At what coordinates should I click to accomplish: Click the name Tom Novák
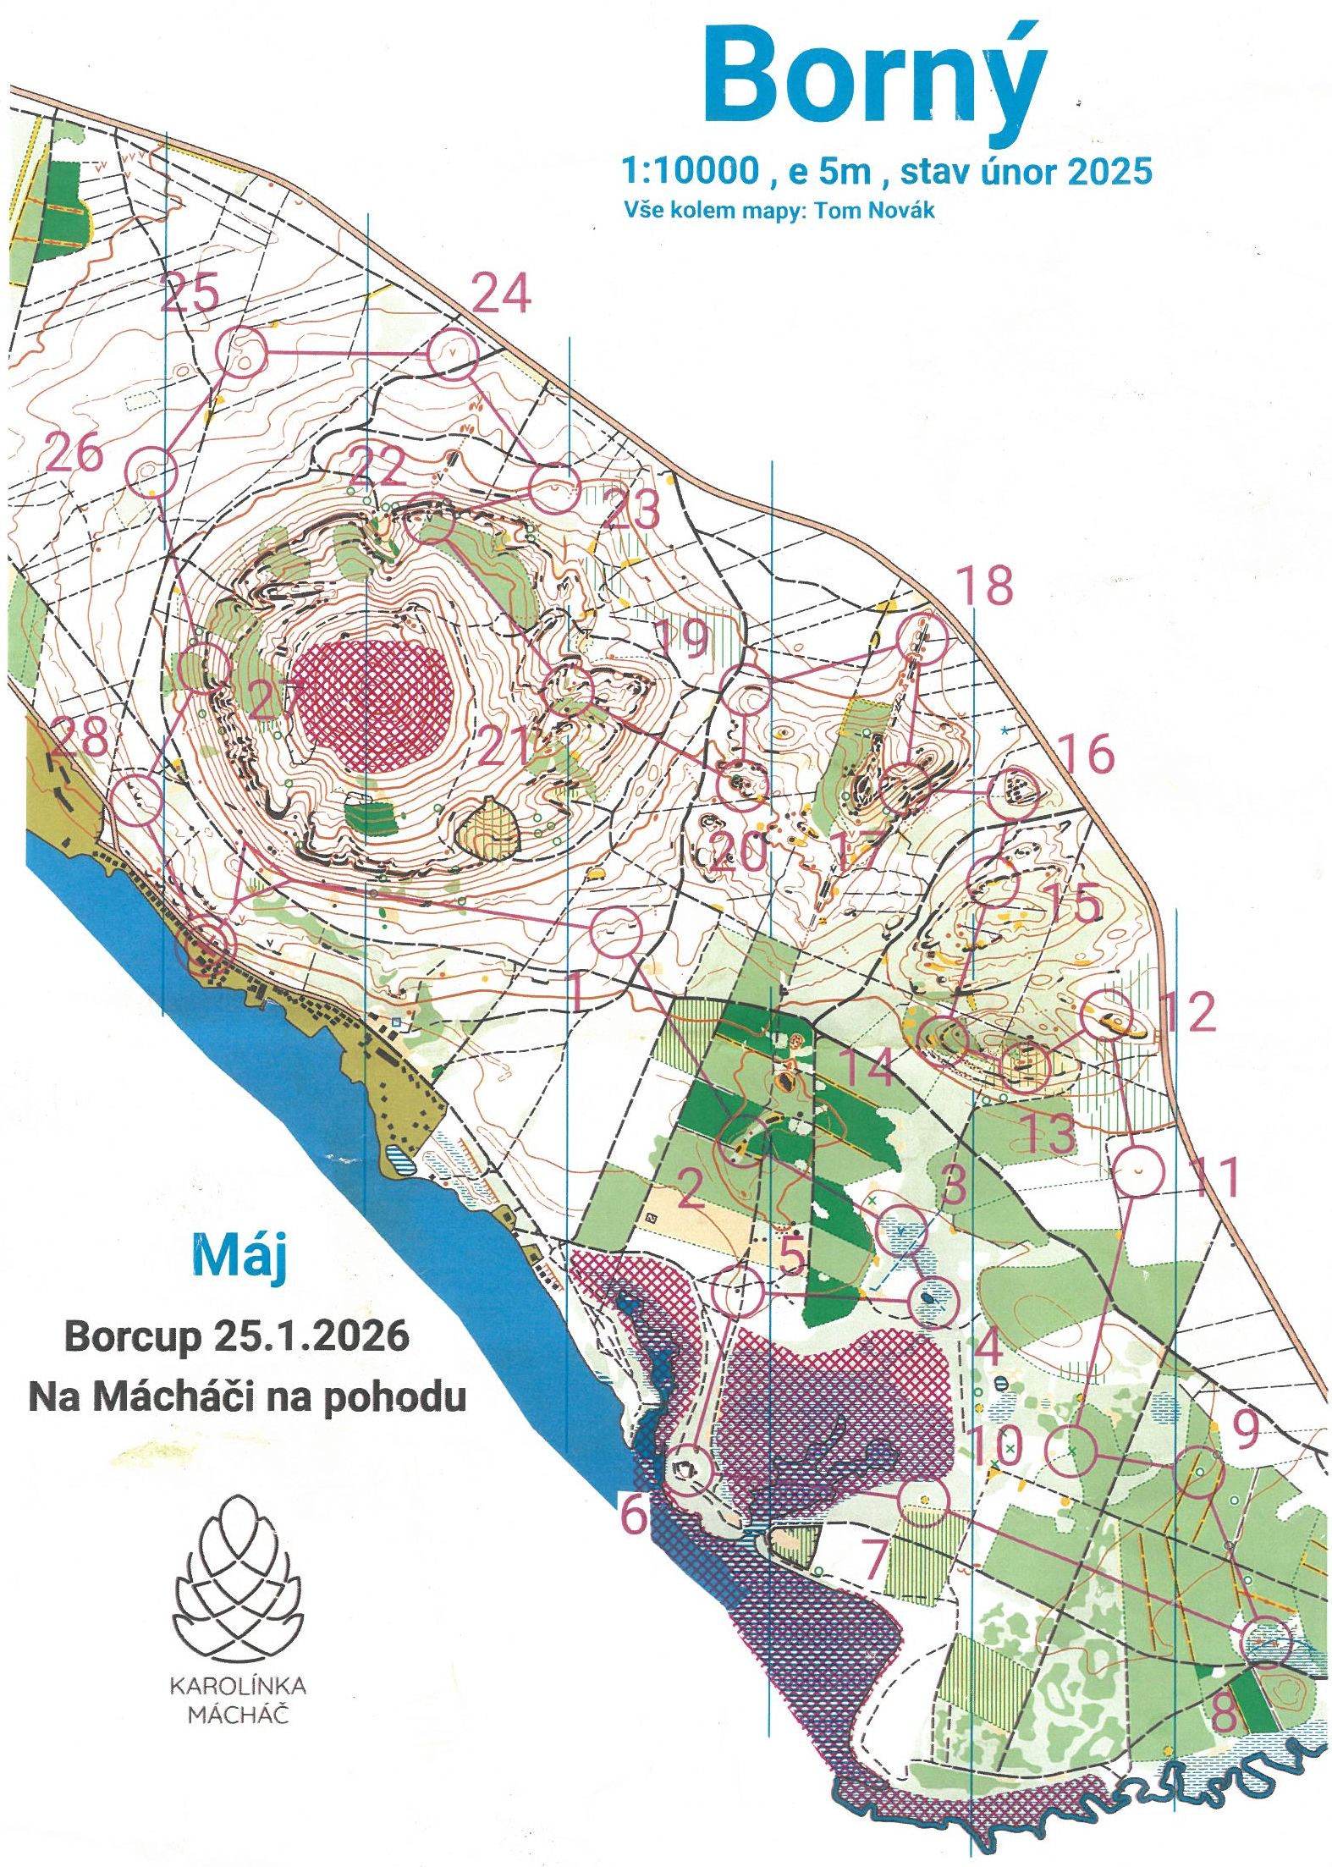click(875, 210)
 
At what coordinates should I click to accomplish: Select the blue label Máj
click(239, 1257)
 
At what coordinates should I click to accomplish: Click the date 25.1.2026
click(311, 1336)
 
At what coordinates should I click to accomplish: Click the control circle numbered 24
click(453, 352)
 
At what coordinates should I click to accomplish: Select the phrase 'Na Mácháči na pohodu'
click(248, 1396)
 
